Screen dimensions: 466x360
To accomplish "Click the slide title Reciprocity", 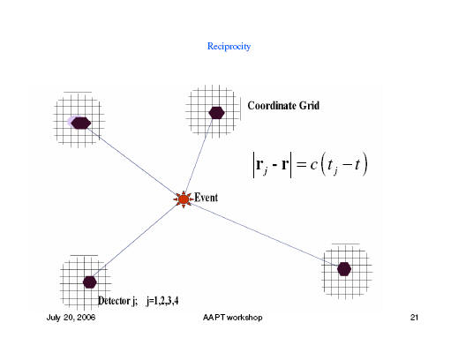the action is (x=229, y=47).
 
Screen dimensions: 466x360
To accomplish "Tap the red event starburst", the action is (x=184, y=199).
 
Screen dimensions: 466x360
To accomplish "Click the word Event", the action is (x=206, y=198).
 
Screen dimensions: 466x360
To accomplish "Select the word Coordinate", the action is (x=272, y=106).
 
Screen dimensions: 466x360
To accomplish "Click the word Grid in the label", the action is (x=310, y=106).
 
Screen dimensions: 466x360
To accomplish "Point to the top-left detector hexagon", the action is (x=80, y=123).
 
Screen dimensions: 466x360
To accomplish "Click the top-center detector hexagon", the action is (x=216, y=113).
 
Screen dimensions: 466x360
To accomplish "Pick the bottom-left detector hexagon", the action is (x=90, y=282).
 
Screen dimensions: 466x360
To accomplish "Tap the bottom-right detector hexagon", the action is (x=344, y=269).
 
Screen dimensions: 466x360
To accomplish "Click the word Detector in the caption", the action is (x=114, y=301).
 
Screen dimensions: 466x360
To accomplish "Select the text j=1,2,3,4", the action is (x=162, y=301).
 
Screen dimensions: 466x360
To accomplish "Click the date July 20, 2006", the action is (x=71, y=318).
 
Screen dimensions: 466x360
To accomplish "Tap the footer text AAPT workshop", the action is (x=233, y=318).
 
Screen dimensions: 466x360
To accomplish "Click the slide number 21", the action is (x=414, y=318).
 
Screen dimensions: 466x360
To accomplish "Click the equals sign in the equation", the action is (x=301, y=164).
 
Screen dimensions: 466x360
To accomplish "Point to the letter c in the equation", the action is (x=313, y=165).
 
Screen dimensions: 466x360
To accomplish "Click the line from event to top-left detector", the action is (x=134, y=161).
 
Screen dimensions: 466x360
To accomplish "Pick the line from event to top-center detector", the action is (x=199, y=156).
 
